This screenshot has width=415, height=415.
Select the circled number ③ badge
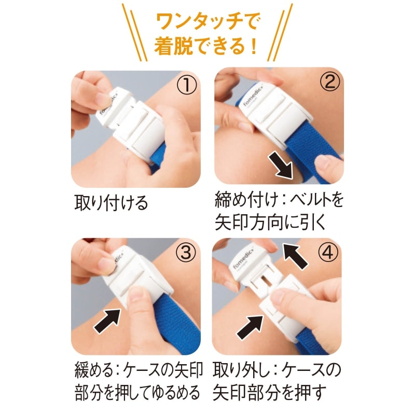(x=186, y=252)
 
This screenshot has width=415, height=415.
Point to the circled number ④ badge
(x=328, y=252)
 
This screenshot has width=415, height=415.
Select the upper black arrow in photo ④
(x=295, y=256)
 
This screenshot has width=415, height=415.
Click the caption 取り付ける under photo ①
(x=111, y=203)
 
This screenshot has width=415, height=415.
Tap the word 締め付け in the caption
(x=249, y=200)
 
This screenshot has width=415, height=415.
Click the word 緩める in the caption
(x=94, y=370)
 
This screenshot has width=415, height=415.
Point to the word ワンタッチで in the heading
(x=209, y=22)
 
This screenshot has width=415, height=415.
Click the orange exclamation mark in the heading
(x=254, y=46)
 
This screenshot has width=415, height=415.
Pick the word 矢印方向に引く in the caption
(x=270, y=223)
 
